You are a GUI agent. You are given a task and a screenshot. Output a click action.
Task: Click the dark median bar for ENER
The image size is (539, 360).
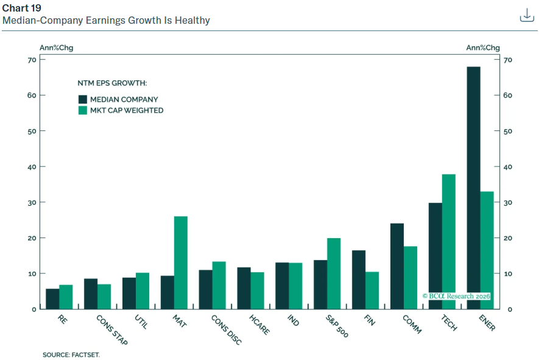click(473, 188)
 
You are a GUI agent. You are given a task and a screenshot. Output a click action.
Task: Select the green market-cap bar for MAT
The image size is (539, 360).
click(181, 263)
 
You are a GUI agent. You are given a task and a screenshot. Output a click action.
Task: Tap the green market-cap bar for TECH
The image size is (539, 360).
click(449, 242)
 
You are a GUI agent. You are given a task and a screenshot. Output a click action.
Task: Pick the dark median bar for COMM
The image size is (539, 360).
click(397, 266)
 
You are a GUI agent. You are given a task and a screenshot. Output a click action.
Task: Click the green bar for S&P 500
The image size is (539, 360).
click(334, 274)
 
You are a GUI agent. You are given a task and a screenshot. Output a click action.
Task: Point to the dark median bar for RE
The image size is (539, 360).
click(52, 299)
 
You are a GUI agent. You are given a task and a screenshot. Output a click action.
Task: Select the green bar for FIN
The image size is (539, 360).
click(372, 291)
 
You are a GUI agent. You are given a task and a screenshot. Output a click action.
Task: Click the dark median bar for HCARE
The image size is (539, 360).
click(244, 288)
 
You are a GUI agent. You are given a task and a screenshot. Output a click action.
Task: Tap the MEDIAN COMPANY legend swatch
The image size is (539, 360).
click(82, 99)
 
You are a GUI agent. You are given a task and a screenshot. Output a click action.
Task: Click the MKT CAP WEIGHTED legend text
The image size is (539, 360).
click(127, 110)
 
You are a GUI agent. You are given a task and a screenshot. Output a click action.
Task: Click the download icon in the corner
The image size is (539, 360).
click(527, 15)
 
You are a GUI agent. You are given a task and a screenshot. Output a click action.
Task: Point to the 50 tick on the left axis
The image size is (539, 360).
click(32, 131)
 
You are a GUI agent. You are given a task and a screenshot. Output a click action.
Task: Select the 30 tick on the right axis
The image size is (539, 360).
click(508, 202)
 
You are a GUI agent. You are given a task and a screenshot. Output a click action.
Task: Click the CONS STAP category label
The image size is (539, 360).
click(112, 330)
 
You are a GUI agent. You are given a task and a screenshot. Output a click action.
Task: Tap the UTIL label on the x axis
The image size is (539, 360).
click(141, 322)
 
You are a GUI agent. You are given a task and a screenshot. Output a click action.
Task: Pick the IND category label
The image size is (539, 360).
click(293, 320)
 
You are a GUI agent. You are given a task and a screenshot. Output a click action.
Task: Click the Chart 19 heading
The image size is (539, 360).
click(22, 8)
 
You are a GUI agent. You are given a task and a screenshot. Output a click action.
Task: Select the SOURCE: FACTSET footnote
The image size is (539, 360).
click(71, 355)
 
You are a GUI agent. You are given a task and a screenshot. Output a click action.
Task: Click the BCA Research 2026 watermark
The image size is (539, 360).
click(456, 296)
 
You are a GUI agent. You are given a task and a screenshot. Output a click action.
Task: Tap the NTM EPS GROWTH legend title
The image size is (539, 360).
click(112, 83)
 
